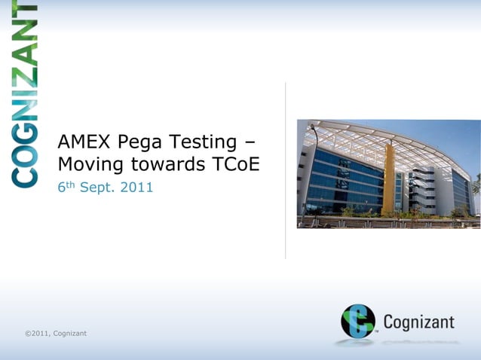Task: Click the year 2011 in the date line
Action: [139, 186]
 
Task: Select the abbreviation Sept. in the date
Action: [100, 187]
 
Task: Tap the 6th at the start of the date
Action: [66, 185]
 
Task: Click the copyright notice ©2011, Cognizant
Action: [55, 333]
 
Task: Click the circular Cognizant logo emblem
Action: [357, 321]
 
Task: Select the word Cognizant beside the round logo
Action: [418, 323]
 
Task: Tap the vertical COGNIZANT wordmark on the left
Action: [25, 94]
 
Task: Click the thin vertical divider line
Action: [285, 169]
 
